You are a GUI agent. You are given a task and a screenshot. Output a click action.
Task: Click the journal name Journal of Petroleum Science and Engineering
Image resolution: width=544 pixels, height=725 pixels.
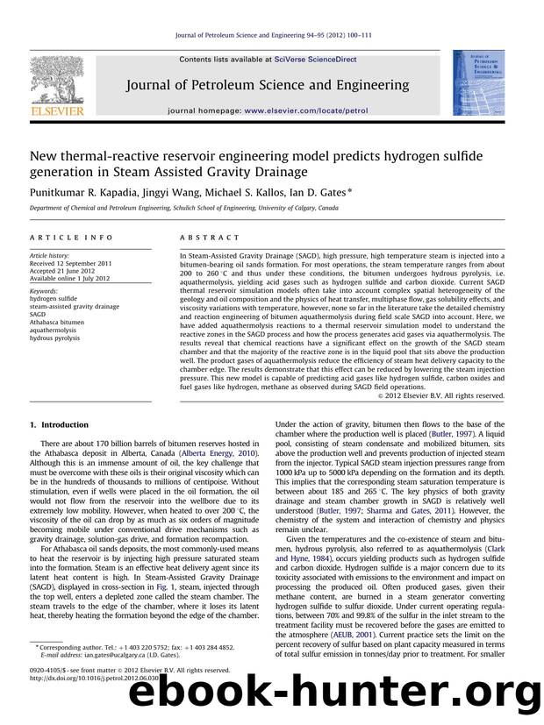pyautogui.click(x=268, y=85)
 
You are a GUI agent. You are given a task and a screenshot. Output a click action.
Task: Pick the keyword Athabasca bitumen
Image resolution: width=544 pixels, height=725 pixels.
pyautogui.click(x=58, y=321)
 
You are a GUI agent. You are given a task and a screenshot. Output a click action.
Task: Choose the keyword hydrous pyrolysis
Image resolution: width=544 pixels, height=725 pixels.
pyautogui.click(x=54, y=337)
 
